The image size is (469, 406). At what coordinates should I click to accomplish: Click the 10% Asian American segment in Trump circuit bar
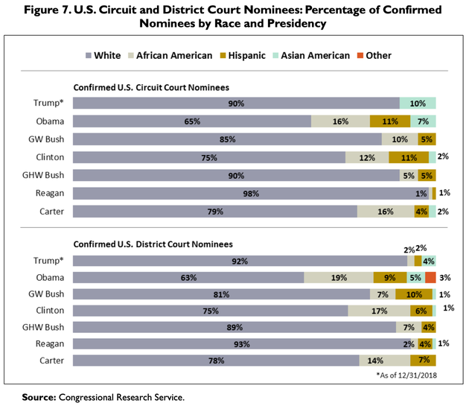(x=418, y=103)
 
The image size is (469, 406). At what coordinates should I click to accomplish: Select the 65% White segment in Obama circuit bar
(x=191, y=121)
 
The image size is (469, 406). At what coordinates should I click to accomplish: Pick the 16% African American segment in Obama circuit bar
(x=340, y=121)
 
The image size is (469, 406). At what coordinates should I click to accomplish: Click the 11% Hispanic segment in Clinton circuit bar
(x=408, y=157)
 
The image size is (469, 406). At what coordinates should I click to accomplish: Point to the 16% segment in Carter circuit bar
(x=386, y=212)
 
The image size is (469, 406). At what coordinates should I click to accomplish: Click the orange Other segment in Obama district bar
(x=430, y=277)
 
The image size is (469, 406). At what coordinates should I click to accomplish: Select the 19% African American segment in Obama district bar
(x=338, y=277)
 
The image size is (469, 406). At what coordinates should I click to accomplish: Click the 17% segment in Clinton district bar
(x=378, y=311)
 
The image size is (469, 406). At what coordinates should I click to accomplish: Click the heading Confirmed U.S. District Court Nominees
(x=152, y=244)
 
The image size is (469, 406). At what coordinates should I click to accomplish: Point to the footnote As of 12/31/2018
(x=407, y=375)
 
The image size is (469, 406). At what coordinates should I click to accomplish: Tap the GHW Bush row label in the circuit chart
(x=47, y=176)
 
